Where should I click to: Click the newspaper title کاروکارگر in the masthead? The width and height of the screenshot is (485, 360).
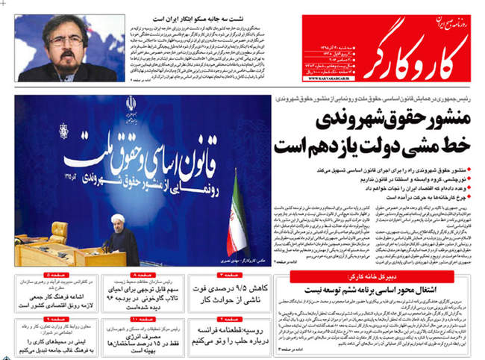414,49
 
